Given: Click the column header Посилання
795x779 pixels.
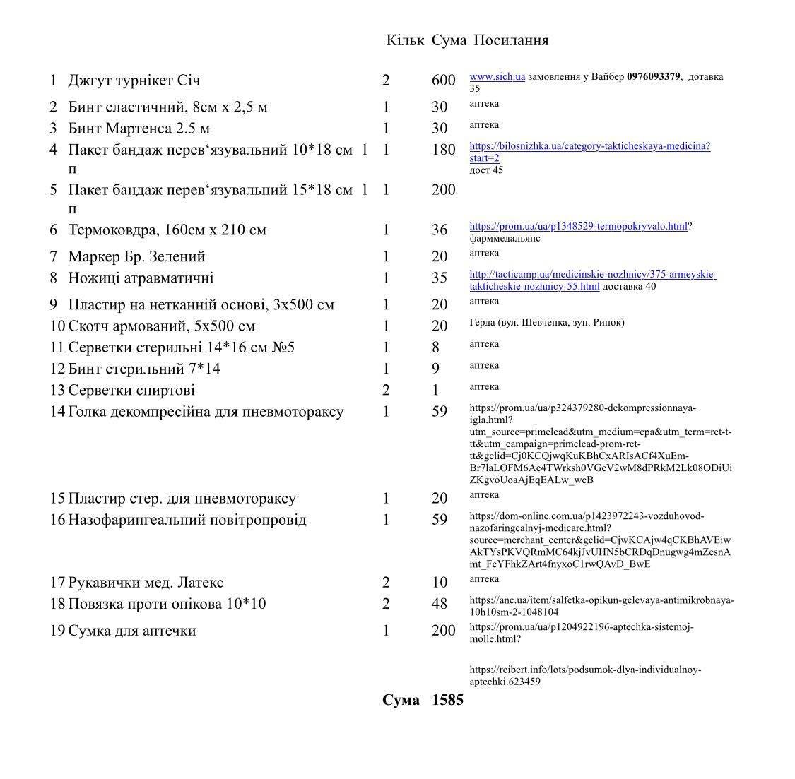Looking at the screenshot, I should click(510, 40).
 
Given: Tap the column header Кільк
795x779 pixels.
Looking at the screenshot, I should click(405, 40).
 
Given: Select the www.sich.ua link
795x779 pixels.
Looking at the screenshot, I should click(497, 76).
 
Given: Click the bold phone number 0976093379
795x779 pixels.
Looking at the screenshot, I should click(653, 76).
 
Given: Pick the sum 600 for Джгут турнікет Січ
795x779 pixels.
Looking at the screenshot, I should click(443, 81).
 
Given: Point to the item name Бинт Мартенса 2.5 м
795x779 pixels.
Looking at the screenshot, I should click(139, 129).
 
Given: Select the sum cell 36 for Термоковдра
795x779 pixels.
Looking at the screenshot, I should click(440, 230).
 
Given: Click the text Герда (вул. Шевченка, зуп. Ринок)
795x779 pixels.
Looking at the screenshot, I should click(546, 323).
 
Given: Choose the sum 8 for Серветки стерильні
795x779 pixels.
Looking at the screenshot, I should click(435, 347).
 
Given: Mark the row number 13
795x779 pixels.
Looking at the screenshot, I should click(57, 391).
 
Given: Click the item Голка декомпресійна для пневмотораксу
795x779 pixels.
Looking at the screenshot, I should click(206, 412).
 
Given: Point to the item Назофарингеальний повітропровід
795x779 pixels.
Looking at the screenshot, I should click(187, 521).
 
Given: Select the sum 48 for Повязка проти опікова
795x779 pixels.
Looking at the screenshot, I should click(440, 604).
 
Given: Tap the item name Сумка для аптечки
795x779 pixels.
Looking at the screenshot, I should click(131, 631).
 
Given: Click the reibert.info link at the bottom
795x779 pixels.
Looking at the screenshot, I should click(585, 675).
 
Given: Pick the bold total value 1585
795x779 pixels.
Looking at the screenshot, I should click(447, 701).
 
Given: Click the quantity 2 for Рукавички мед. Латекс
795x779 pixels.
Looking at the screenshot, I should click(386, 583).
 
